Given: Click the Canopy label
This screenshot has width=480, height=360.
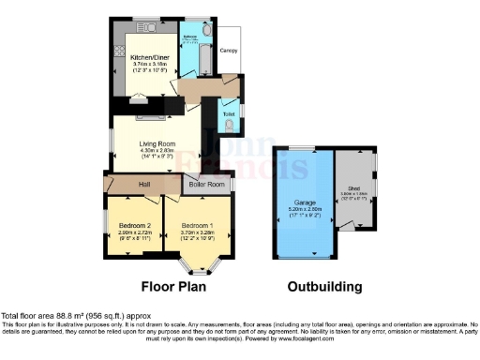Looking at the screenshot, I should pos(229,49).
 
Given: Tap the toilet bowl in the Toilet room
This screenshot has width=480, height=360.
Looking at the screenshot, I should pos(231,123).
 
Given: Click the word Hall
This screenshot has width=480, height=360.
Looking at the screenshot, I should pos(146,185).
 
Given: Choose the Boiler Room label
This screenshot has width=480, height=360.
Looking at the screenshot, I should pos(207,185).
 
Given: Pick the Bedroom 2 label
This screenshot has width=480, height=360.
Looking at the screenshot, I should pos(136,225).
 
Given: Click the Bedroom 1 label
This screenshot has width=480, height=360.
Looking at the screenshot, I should pos(193,225).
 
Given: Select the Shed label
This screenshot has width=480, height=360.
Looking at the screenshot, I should pos(353,187).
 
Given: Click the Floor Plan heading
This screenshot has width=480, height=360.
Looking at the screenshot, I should pos(174,287).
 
